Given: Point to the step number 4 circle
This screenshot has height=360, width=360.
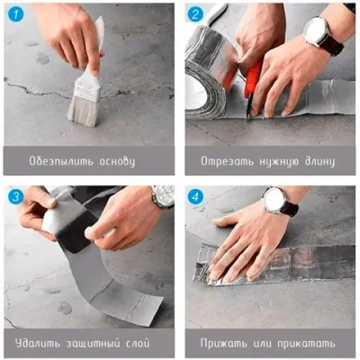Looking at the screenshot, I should tap(195, 196).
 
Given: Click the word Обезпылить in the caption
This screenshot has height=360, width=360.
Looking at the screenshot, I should tap(64, 162).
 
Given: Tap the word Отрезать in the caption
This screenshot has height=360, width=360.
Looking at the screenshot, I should tap(222, 162).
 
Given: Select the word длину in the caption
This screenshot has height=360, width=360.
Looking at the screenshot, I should tap(316, 162).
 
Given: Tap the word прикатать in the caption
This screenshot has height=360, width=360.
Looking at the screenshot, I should tap(305, 343).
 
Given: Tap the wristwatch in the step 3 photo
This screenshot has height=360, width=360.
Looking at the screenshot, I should tap(163, 196).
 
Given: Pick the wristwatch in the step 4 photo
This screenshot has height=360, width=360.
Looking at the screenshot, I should tap(274, 200).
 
